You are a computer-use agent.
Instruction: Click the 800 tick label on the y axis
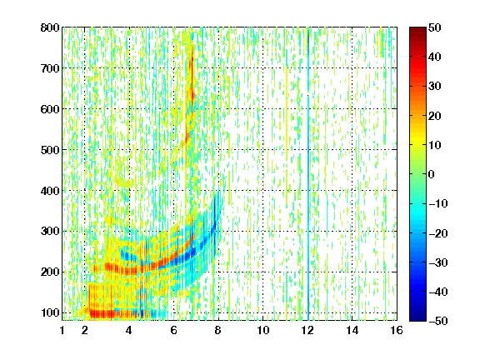coord(50,27)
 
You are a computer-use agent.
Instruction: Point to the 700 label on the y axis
coord(50,68)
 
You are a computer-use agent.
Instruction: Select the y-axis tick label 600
coord(50,109)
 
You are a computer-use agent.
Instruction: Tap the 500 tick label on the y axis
coord(50,150)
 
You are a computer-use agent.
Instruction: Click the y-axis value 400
coord(50,190)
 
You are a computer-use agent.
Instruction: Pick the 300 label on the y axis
coord(50,231)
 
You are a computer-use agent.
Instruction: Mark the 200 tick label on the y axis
coord(50,272)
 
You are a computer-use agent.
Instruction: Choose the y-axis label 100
coord(50,312)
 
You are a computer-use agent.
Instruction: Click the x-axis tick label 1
coord(62,330)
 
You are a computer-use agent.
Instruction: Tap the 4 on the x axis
coord(129,330)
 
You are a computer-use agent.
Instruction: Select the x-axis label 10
coord(262,330)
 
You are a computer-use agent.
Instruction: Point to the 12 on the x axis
coord(307,330)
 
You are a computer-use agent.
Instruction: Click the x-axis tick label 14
coord(352,330)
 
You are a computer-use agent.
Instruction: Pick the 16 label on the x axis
coord(397,330)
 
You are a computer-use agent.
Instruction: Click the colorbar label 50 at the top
coord(434,27)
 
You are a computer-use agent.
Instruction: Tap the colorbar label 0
coord(432,174)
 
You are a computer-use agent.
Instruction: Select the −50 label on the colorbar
coord(437,321)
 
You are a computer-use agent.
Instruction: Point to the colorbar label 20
coord(434,116)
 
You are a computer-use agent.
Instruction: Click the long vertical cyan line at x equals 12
coord(308,174)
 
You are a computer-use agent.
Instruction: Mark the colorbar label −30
coord(437,262)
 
